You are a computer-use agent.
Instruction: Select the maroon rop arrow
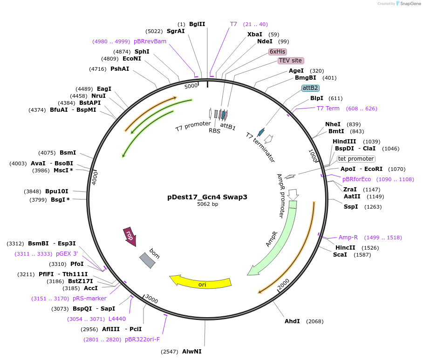tap(130, 236)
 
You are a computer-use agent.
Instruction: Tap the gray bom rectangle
tap(147, 260)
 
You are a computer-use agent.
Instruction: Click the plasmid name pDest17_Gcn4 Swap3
tap(207, 197)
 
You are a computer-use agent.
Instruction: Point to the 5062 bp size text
tap(207, 204)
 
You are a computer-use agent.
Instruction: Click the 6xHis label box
tap(278, 51)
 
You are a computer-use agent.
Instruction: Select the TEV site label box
tap(291, 61)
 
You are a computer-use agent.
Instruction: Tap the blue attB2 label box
tap(310, 88)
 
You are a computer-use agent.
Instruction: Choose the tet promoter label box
tap(356, 159)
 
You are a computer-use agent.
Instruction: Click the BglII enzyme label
tap(197, 24)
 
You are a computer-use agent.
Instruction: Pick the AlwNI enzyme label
tap(191, 351)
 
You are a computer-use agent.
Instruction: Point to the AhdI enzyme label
tap(292, 321)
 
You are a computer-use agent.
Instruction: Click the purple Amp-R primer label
tap(348, 238)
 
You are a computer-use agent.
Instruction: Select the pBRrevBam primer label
tap(150, 41)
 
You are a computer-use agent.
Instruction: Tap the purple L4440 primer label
tap(117, 319)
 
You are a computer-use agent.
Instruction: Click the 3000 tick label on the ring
tap(151, 299)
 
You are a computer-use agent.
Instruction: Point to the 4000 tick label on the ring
tap(95, 177)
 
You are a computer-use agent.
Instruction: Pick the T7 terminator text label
tap(260, 147)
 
